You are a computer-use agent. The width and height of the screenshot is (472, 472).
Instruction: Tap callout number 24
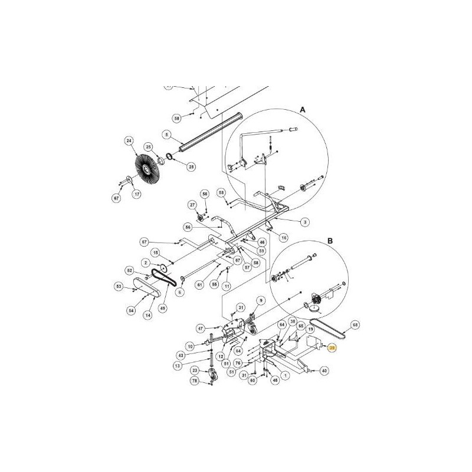tap(128, 140)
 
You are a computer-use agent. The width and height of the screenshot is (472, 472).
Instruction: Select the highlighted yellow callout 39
tap(332, 349)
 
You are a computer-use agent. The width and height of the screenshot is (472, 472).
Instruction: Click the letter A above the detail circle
tap(302, 110)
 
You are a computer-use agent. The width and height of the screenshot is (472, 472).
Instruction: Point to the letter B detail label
tap(330, 241)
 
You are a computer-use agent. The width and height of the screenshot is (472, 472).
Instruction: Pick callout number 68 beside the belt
tap(355, 324)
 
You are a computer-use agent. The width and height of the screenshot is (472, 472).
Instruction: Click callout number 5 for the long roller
tap(167, 135)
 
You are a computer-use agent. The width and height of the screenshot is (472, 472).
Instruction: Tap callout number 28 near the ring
tap(191, 167)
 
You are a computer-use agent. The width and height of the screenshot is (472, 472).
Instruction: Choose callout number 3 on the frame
tap(305, 221)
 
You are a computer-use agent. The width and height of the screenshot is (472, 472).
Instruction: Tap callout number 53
tap(118, 287)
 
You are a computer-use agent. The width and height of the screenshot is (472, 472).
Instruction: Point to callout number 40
tap(324, 371)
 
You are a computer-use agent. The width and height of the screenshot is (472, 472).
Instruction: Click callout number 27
tap(192, 205)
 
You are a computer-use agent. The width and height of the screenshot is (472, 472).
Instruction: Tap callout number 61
tap(199, 284)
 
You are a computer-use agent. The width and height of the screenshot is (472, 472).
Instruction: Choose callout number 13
tap(178, 366)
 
